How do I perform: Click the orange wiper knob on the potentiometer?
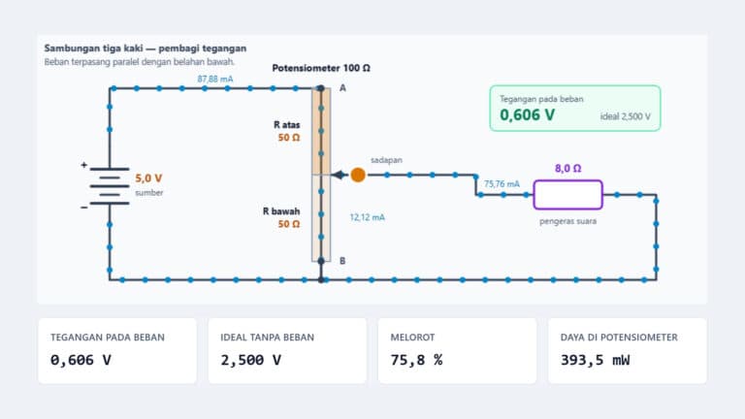pos(358,175)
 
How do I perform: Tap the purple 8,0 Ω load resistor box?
pos(567,195)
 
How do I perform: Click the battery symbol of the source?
pos(110,186)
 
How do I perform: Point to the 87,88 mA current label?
pos(215,79)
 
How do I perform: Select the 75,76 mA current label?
pos(502,184)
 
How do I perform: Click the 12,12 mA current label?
pos(368,217)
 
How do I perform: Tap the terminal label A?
pos(342,88)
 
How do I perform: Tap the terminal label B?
pos(342,261)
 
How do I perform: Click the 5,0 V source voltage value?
pos(148,178)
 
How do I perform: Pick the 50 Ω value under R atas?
pos(289,138)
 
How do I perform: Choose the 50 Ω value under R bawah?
pos(289,224)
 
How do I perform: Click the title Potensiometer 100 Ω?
pos(321,68)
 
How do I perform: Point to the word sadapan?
pos(386,160)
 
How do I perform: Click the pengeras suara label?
pos(567,221)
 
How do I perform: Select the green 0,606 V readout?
pos(527,115)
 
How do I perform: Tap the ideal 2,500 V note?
pos(626,116)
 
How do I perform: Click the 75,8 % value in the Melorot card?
pos(416,360)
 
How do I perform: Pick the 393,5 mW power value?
pos(595,360)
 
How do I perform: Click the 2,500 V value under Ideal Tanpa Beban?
pos(250,360)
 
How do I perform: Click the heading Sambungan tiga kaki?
pos(93,48)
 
